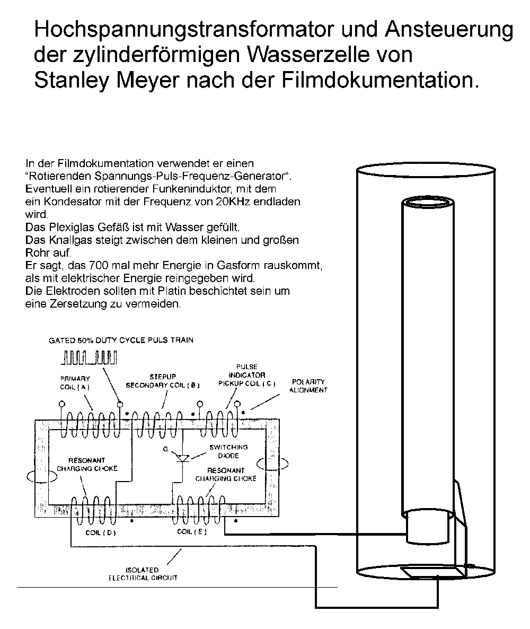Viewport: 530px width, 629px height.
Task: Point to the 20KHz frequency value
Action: click(x=236, y=202)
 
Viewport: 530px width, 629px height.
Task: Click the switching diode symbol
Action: click(x=183, y=458)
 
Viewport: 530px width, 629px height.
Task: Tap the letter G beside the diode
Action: click(x=165, y=449)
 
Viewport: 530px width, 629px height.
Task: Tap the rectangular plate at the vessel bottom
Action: click(x=431, y=572)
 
